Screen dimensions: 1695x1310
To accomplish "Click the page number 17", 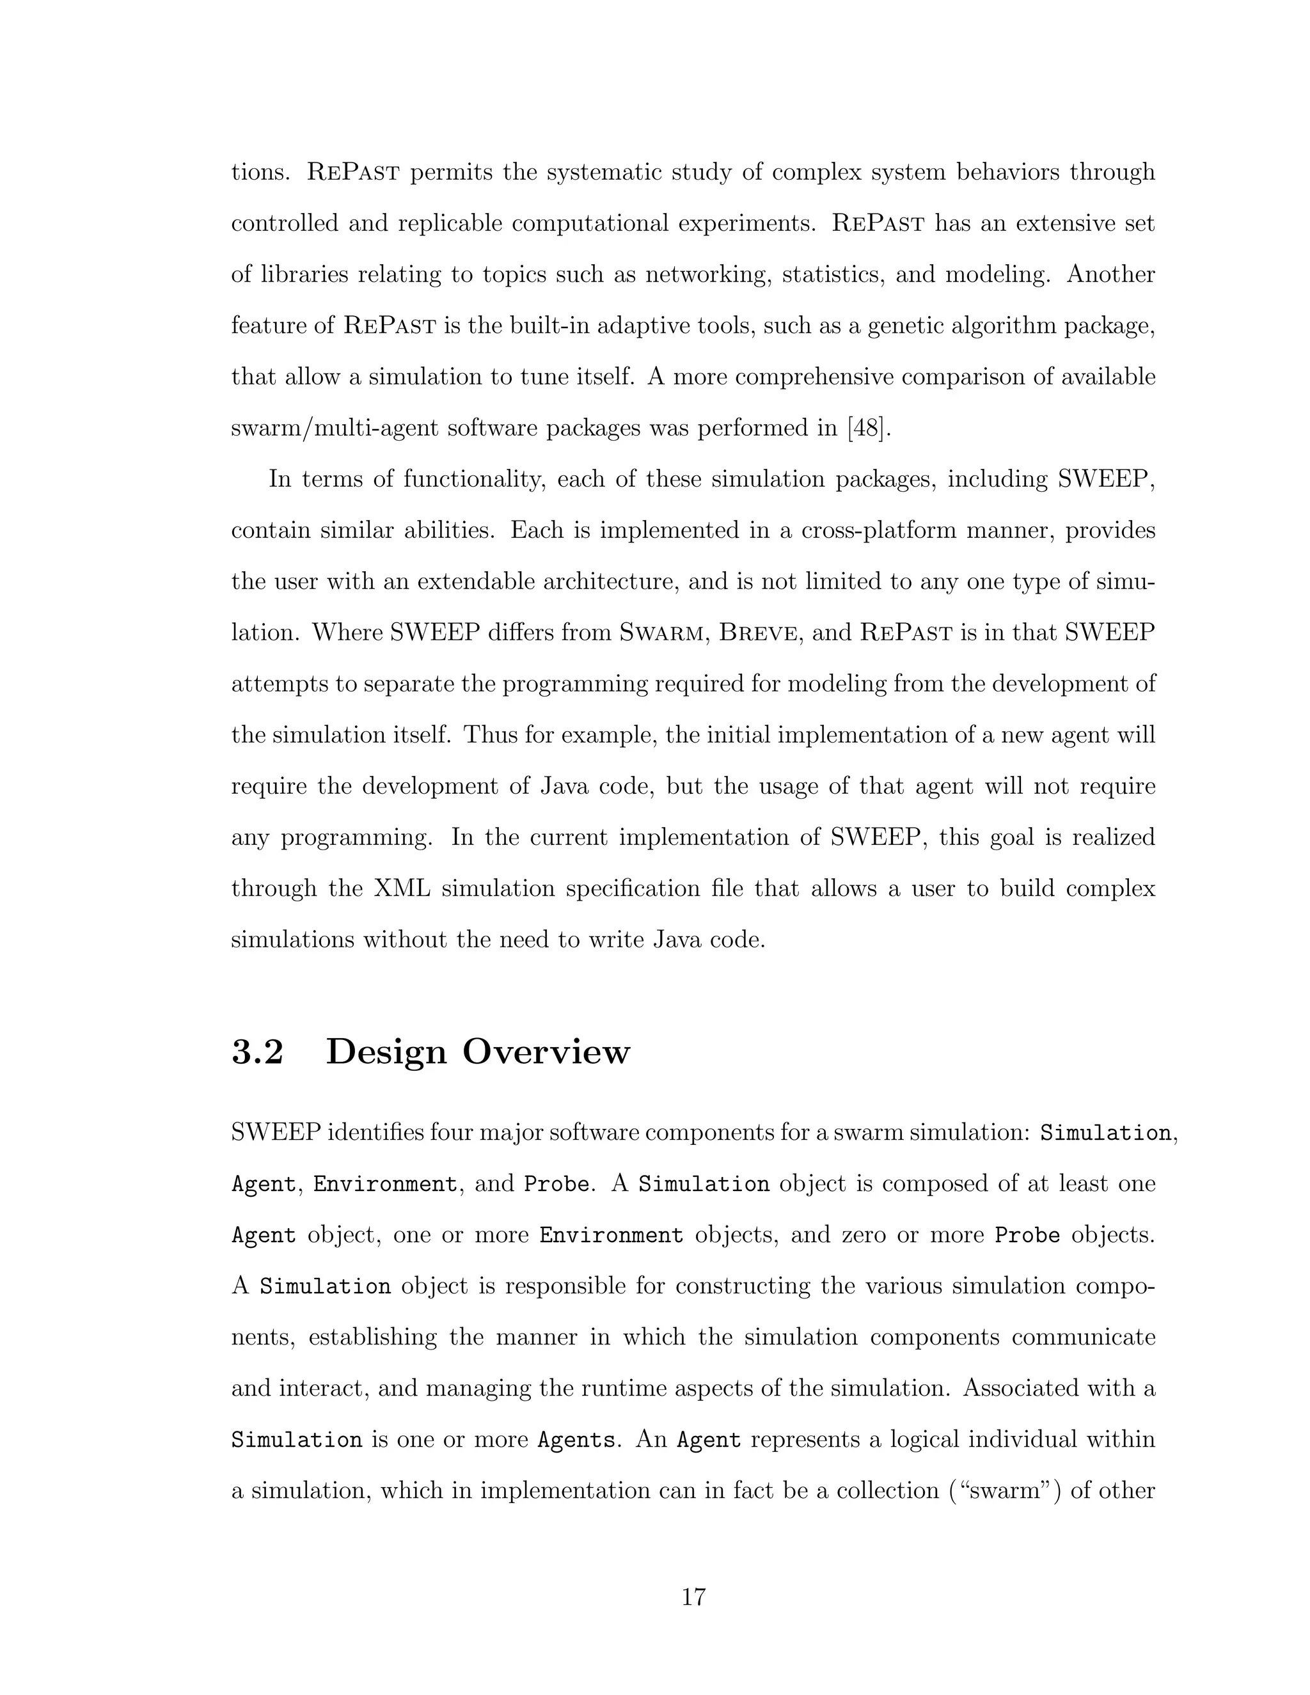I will pyautogui.click(x=693, y=1597).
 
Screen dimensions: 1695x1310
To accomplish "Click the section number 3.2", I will pyautogui.click(x=258, y=1052).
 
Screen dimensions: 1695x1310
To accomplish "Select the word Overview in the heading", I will pyautogui.click(x=546, y=1052).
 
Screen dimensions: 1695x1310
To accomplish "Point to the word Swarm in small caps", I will pyautogui.click(x=662, y=633).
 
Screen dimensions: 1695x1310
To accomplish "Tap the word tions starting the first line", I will pyautogui.click(x=260, y=171).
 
